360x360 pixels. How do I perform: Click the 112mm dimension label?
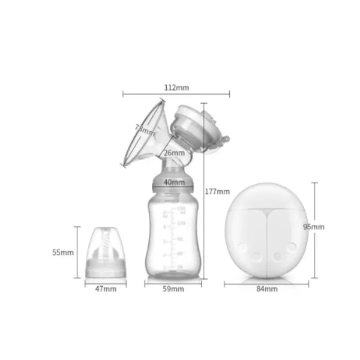click(176, 88)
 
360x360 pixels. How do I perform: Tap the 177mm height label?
click(218, 192)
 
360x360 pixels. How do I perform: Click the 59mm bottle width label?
click(173, 289)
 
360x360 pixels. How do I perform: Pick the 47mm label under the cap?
click(106, 289)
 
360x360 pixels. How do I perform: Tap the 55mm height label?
click(62, 253)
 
